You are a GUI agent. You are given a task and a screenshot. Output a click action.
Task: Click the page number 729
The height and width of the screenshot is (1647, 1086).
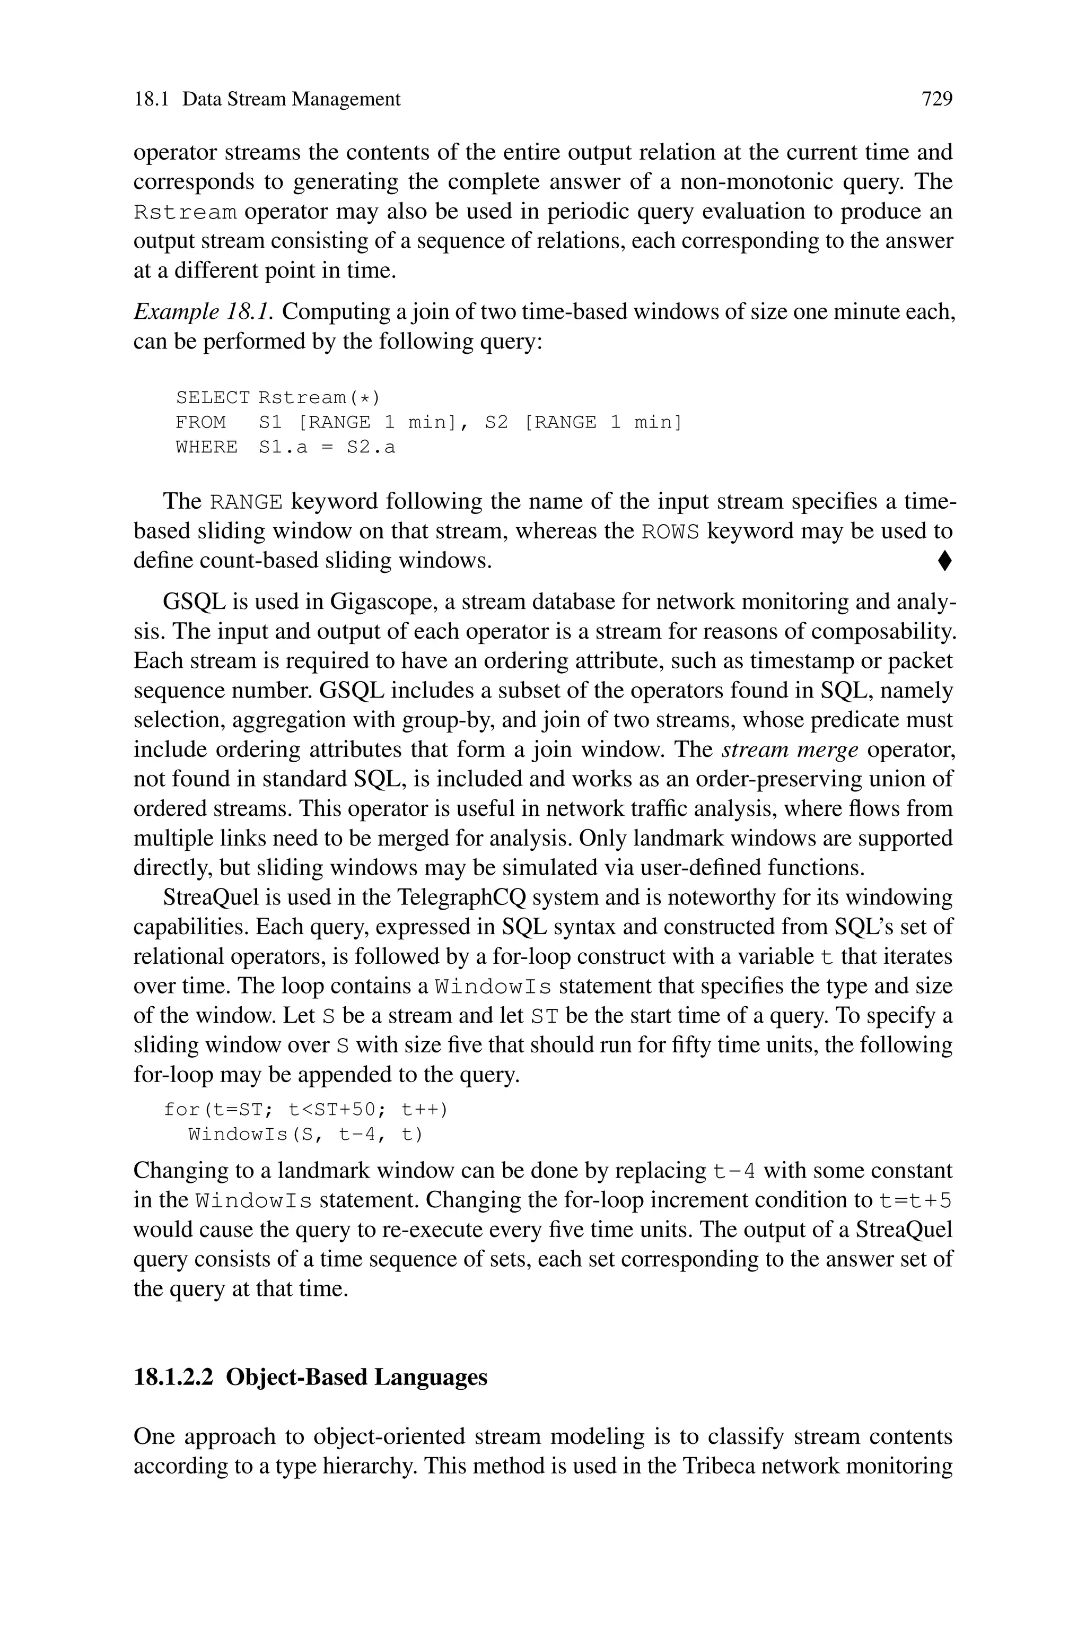(936, 99)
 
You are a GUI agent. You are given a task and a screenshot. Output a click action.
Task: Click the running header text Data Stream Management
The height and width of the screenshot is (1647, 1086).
(291, 99)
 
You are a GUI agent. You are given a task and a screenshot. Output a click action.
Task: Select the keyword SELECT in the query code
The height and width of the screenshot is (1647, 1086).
(213, 397)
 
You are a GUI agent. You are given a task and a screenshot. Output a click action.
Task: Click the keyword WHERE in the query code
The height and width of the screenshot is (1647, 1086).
(206, 447)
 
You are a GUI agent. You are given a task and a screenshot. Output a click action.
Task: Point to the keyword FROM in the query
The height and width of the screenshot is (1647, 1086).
(201, 422)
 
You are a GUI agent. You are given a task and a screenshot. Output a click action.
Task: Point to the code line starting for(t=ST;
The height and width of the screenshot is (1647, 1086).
(305, 1110)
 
